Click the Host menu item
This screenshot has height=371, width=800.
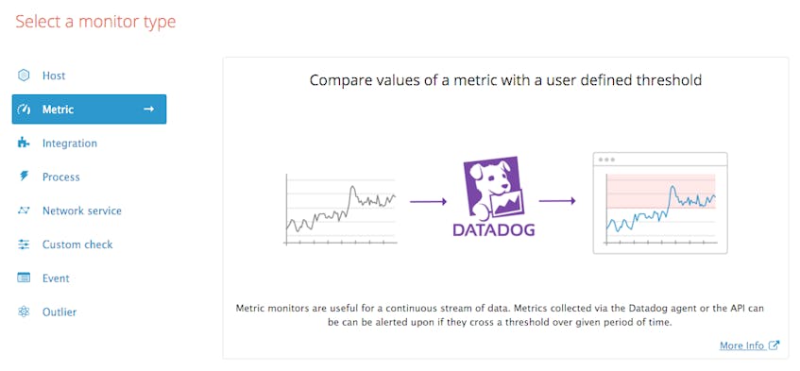point(53,76)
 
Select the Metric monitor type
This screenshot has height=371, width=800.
point(89,110)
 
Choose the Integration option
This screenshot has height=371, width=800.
point(69,143)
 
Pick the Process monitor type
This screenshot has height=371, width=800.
point(60,177)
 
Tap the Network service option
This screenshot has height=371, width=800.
point(81,211)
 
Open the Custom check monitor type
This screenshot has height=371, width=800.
point(77,245)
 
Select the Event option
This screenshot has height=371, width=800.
point(56,278)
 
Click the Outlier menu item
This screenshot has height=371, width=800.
point(59,312)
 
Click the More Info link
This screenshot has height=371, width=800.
point(741,346)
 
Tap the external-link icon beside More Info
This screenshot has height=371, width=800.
point(774,346)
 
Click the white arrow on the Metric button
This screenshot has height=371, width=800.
point(148,110)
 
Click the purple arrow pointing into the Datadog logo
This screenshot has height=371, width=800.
point(427,200)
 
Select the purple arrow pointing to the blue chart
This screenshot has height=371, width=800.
point(557,200)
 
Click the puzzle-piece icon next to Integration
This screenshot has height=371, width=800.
point(24,143)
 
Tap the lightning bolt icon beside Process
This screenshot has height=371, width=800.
point(24,177)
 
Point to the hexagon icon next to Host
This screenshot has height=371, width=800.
point(24,76)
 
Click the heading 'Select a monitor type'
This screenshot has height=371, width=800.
point(95,21)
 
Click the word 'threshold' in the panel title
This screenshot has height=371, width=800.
point(668,81)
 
